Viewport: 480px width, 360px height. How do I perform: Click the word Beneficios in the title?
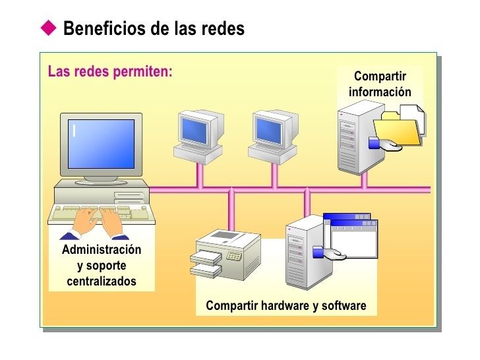103,29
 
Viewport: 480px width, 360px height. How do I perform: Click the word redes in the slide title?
224,29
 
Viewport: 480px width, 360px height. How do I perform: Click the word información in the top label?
379,91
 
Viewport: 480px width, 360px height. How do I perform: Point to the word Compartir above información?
379,76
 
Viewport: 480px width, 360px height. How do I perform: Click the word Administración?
102,250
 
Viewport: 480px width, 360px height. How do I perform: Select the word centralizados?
102,282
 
